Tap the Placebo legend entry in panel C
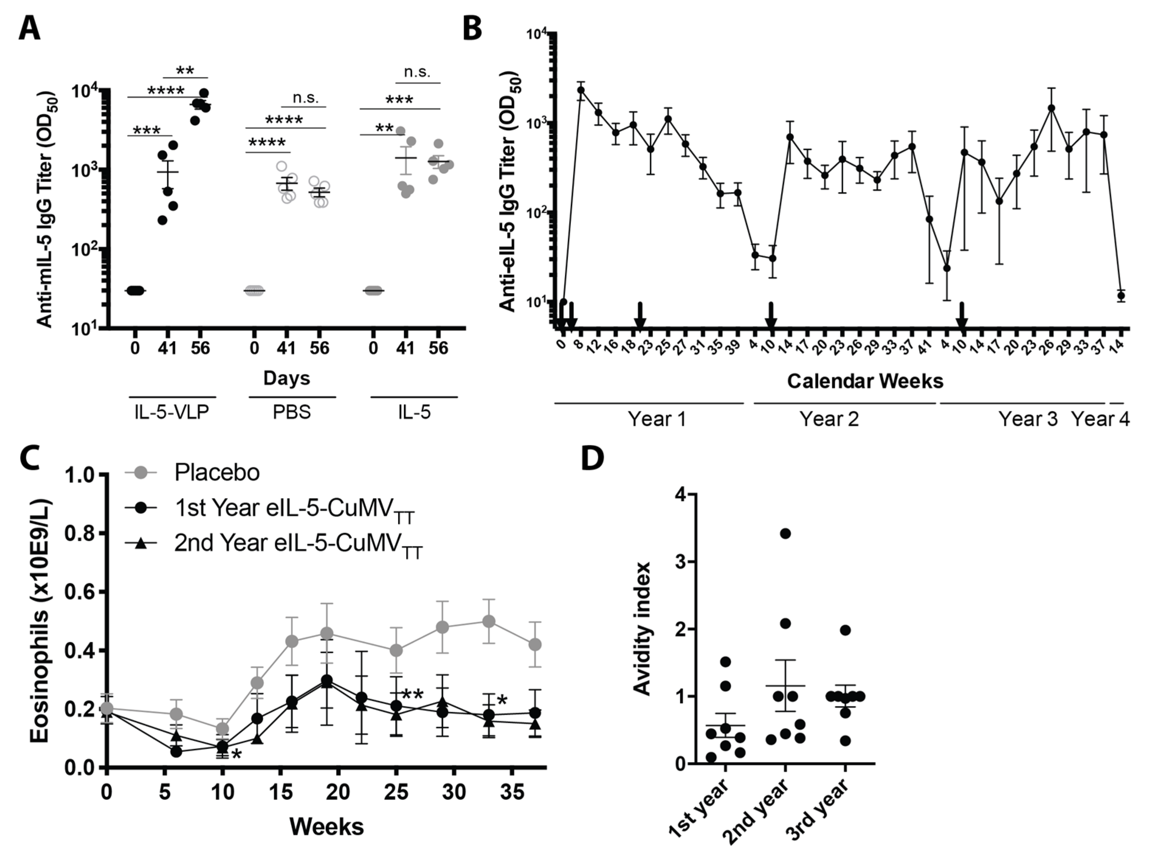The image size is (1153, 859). pyautogui.click(x=217, y=473)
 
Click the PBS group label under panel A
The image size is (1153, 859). pyautogui.click(x=292, y=412)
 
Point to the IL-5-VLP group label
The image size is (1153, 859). pyautogui.click(x=172, y=412)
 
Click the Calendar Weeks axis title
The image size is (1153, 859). pyautogui.click(x=865, y=381)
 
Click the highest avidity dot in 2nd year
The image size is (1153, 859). pyautogui.click(x=785, y=533)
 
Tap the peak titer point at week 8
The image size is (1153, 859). pyautogui.click(x=581, y=90)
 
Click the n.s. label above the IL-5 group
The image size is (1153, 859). pyautogui.click(x=417, y=72)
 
